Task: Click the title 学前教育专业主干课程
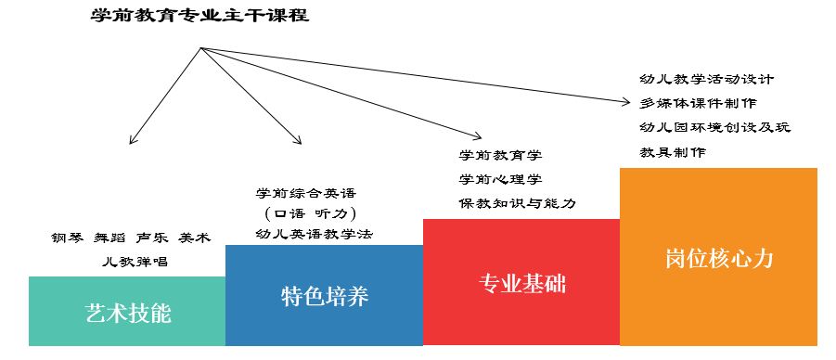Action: pyautogui.click(x=200, y=16)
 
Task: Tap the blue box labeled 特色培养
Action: pyautogui.click(x=324, y=296)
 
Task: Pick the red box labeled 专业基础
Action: pyautogui.click(x=521, y=283)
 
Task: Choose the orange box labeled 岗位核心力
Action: pyautogui.click(x=718, y=257)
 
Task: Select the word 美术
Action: pyautogui.click(x=195, y=238)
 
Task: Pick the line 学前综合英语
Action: pyautogui.click(x=305, y=193)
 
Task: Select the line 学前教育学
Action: pyautogui.click(x=500, y=155)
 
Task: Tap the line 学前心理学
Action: pyautogui.click(x=500, y=178)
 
